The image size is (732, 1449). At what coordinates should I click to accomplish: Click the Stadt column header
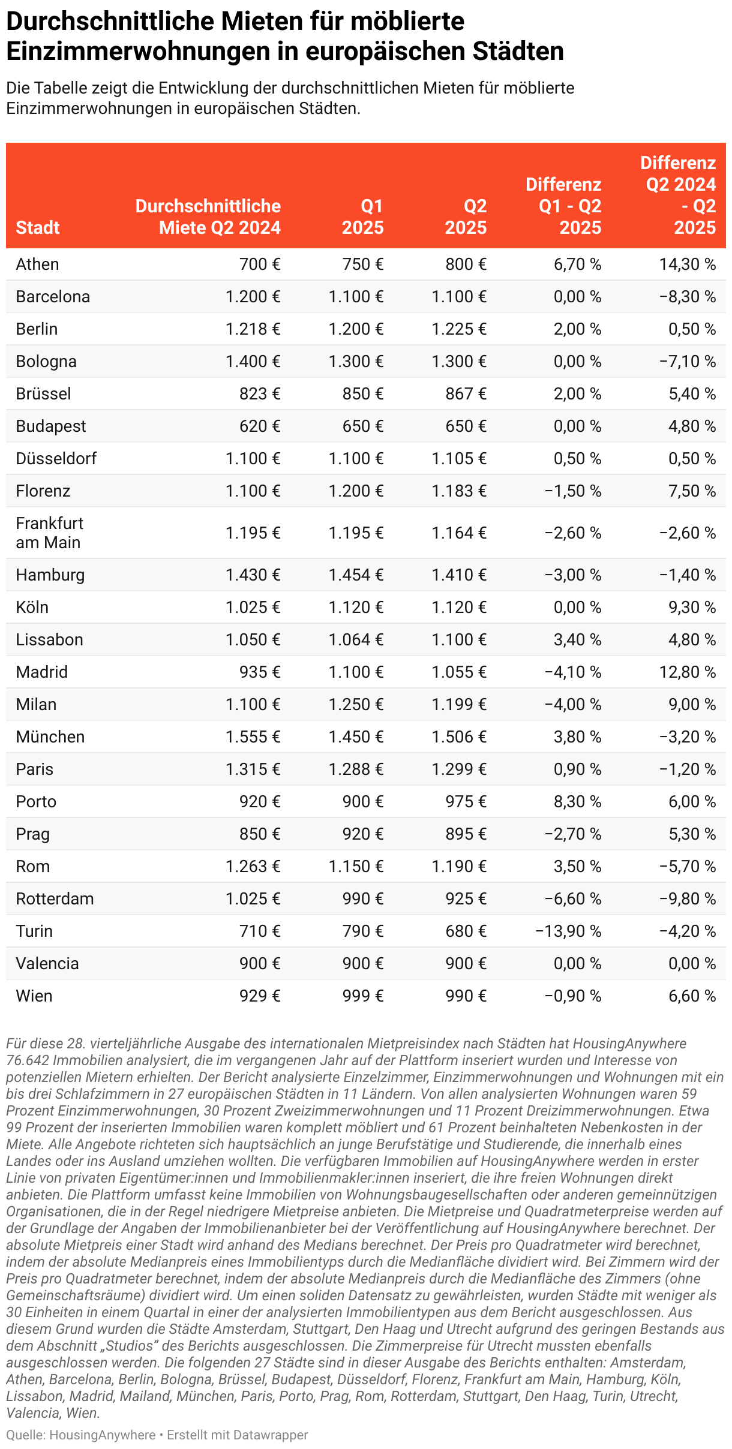point(38,227)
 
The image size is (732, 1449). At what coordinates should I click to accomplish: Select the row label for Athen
point(37,264)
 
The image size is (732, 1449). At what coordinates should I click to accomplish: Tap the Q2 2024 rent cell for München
point(253,736)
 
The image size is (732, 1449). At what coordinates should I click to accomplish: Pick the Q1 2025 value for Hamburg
point(356,575)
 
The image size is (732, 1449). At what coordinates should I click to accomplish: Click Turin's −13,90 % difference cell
point(568,931)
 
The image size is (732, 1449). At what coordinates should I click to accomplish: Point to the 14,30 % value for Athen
point(687,264)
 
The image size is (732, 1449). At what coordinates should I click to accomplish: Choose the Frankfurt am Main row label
point(50,533)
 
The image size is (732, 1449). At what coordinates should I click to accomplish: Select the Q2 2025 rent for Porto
point(466,801)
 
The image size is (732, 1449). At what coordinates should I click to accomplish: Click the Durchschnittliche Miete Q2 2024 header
point(208,217)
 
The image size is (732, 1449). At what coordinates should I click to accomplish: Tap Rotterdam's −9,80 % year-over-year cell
point(687,898)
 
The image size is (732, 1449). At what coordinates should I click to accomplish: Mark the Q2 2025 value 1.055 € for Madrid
point(459,672)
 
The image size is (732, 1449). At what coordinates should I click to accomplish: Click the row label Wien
point(34,996)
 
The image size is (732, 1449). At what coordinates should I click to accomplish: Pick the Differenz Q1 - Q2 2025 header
point(563,206)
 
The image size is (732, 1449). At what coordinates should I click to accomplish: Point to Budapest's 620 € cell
point(260,426)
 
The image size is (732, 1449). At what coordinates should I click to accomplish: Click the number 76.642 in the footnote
point(28,1060)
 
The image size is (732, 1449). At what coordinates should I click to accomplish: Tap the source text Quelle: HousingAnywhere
point(81,1435)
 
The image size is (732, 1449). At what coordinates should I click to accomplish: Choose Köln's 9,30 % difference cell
point(692,607)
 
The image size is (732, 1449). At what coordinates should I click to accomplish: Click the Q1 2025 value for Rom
point(356,866)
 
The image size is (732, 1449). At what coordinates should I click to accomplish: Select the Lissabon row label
point(49,639)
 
